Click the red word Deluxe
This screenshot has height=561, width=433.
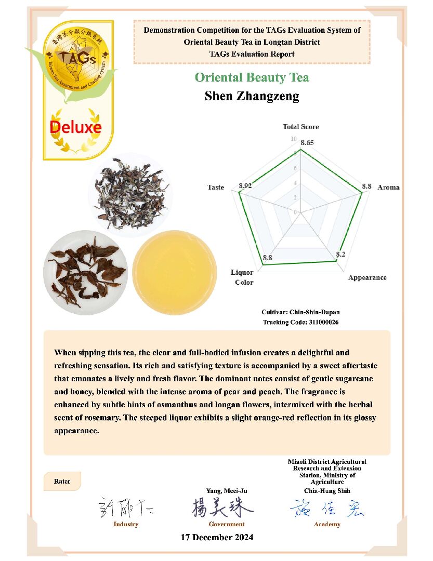(75, 127)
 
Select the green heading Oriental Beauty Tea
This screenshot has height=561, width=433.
(252, 77)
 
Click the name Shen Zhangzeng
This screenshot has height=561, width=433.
(252, 96)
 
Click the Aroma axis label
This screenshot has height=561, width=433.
(388, 187)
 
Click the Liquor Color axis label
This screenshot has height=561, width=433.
(243, 277)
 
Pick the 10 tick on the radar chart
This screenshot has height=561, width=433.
(294, 139)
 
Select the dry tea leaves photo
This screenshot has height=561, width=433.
(130, 193)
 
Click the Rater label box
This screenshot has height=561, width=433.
(62, 482)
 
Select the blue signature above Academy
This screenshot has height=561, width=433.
(326, 508)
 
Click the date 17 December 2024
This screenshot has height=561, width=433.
(217, 537)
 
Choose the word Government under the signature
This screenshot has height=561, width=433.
(226, 524)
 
